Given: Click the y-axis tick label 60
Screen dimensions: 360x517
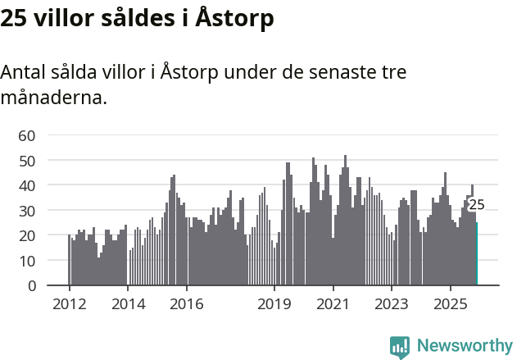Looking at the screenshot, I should pyautogui.click(x=27, y=135).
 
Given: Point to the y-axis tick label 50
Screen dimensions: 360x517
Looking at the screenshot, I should pyautogui.click(x=27, y=161).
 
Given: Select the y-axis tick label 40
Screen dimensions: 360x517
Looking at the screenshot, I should pyautogui.click(x=27, y=185).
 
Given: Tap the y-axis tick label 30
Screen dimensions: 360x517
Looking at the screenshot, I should pyautogui.click(x=27, y=211).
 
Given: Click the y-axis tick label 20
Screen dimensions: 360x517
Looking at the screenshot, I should pyautogui.click(x=27, y=235).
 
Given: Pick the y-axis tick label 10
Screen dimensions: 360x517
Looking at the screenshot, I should pyautogui.click(x=27, y=261).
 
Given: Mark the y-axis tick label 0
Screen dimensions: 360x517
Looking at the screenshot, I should pyautogui.click(x=32, y=286).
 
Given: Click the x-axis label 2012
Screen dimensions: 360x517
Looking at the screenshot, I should pyautogui.click(x=69, y=304).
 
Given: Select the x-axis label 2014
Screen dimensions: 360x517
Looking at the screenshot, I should pyautogui.click(x=127, y=304).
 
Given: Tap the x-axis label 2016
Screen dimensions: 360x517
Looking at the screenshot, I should pyautogui.click(x=186, y=304).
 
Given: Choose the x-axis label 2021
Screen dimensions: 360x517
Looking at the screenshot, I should pyautogui.click(x=333, y=304).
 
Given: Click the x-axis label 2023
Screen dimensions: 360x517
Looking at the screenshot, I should pyautogui.click(x=392, y=304).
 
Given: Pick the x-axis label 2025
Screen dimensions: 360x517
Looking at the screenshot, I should pyautogui.click(x=450, y=304).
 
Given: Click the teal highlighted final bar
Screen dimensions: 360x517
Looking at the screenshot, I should pyautogui.click(x=477, y=254).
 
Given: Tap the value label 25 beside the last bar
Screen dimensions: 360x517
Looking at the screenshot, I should pyautogui.click(x=476, y=205).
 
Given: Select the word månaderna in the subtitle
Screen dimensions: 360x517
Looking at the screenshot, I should pyautogui.click(x=53, y=98).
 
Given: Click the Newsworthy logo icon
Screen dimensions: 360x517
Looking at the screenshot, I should pyautogui.click(x=400, y=346).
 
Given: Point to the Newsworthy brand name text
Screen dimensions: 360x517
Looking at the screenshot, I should pyautogui.click(x=464, y=346).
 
